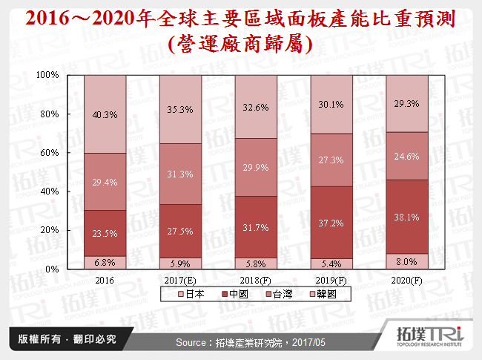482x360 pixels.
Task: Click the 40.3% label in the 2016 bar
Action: (x=105, y=114)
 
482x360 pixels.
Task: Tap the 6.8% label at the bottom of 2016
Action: (x=105, y=262)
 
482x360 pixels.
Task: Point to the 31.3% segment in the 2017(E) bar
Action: (x=181, y=174)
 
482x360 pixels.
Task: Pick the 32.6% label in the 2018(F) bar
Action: (x=257, y=107)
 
